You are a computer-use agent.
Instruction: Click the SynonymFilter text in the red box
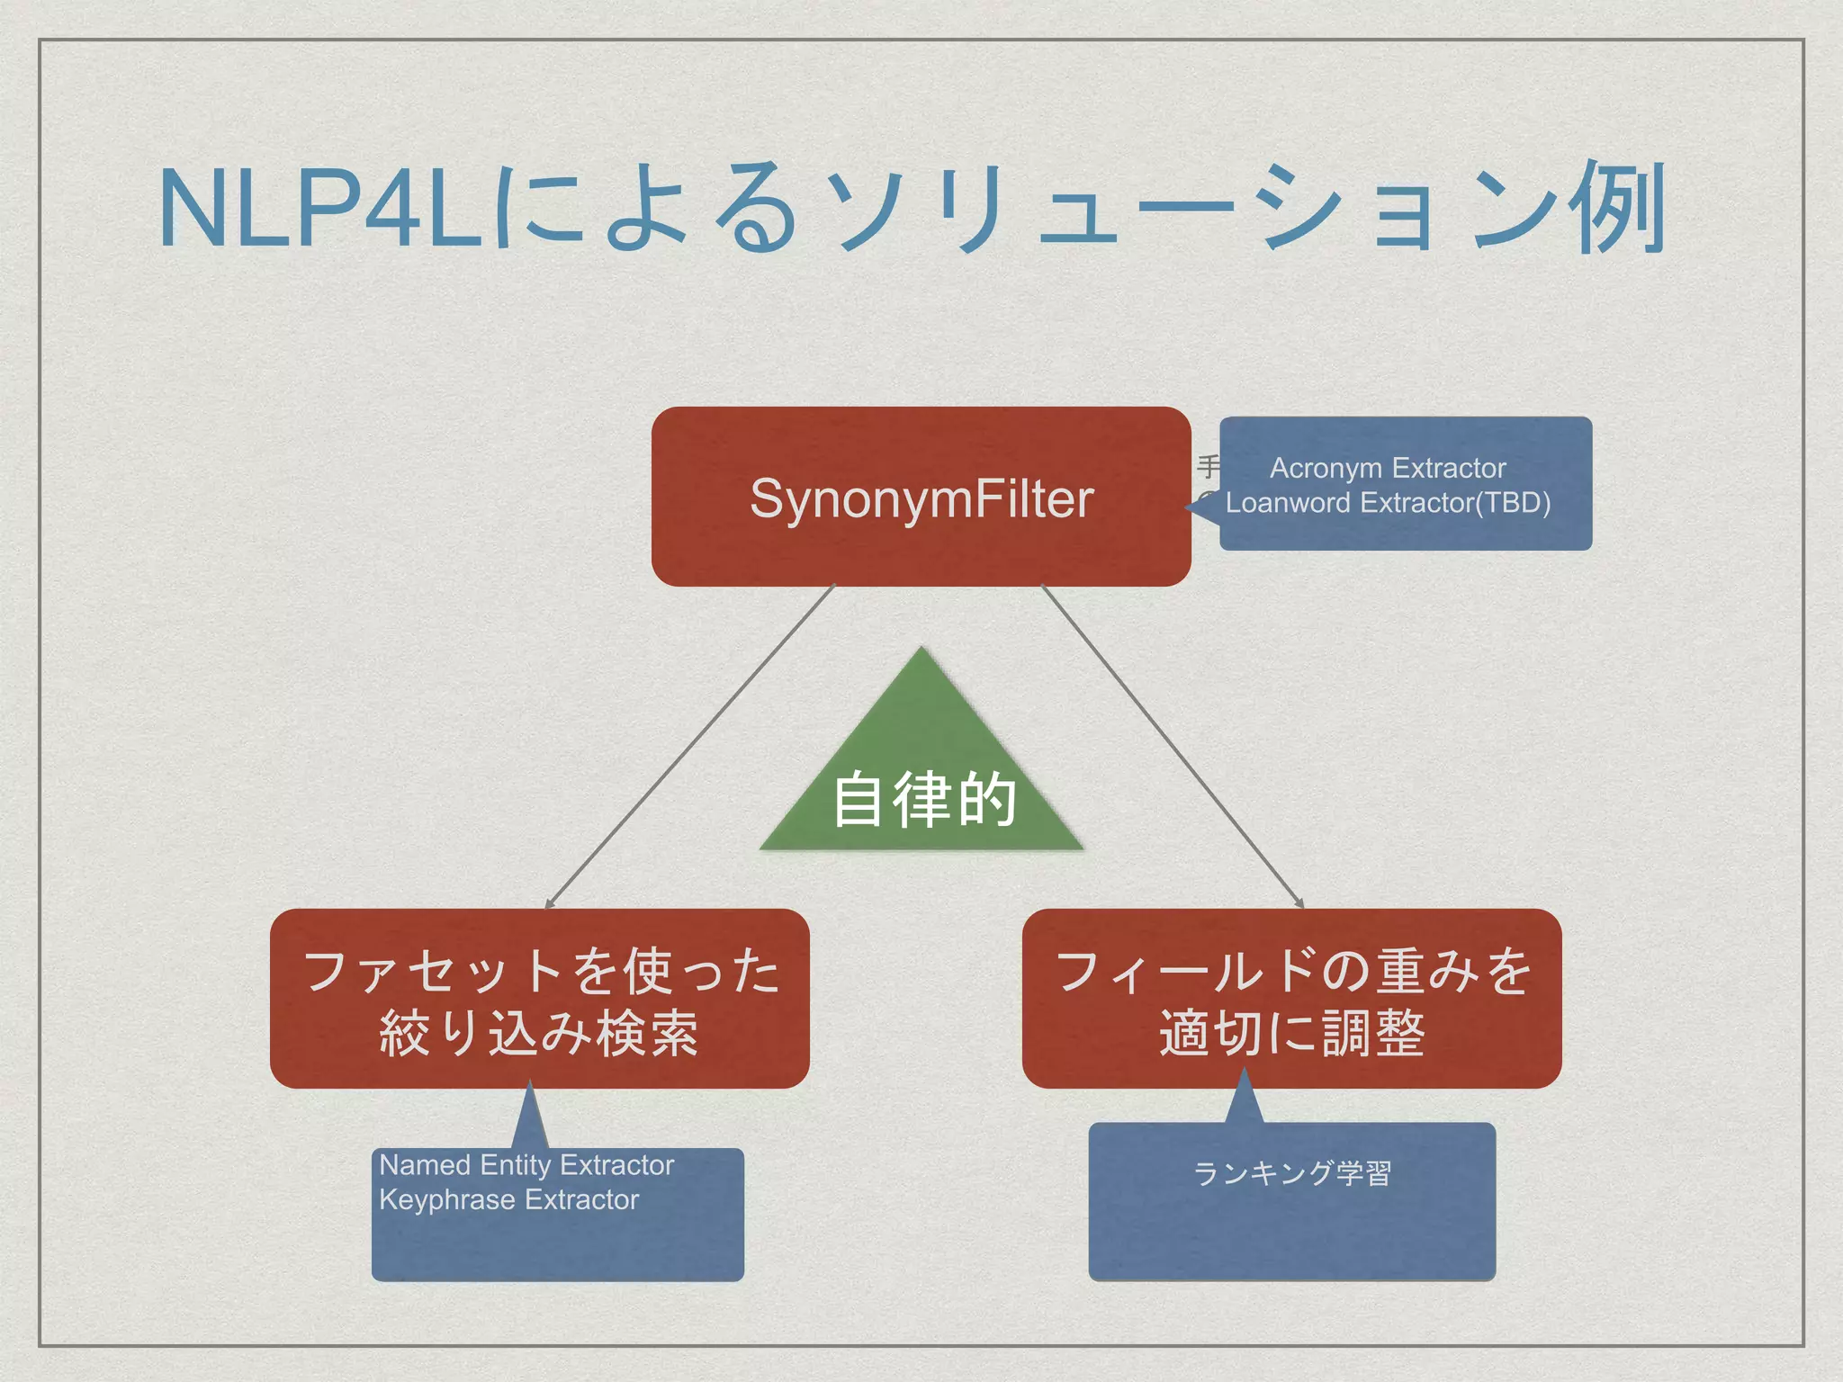pyautogui.click(x=921, y=498)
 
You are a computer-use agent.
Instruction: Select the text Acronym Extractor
pyautogui.click(x=1387, y=468)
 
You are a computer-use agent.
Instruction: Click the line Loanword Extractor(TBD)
pyautogui.click(x=1388, y=502)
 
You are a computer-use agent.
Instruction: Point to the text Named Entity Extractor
pyautogui.click(x=526, y=1164)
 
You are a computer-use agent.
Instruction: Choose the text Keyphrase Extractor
pyautogui.click(x=508, y=1199)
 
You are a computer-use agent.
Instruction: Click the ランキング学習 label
pyautogui.click(x=1291, y=1172)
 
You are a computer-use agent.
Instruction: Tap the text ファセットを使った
pyautogui.click(x=540, y=972)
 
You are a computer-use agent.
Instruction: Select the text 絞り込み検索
pyautogui.click(x=540, y=1033)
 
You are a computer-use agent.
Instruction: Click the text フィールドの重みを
pyautogui.click(x=1292, y=972)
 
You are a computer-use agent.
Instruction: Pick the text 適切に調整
pyautogui.click(x=1292, y=1033)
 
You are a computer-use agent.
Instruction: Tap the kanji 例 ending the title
pyautogui.click(x=1617, y=209)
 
